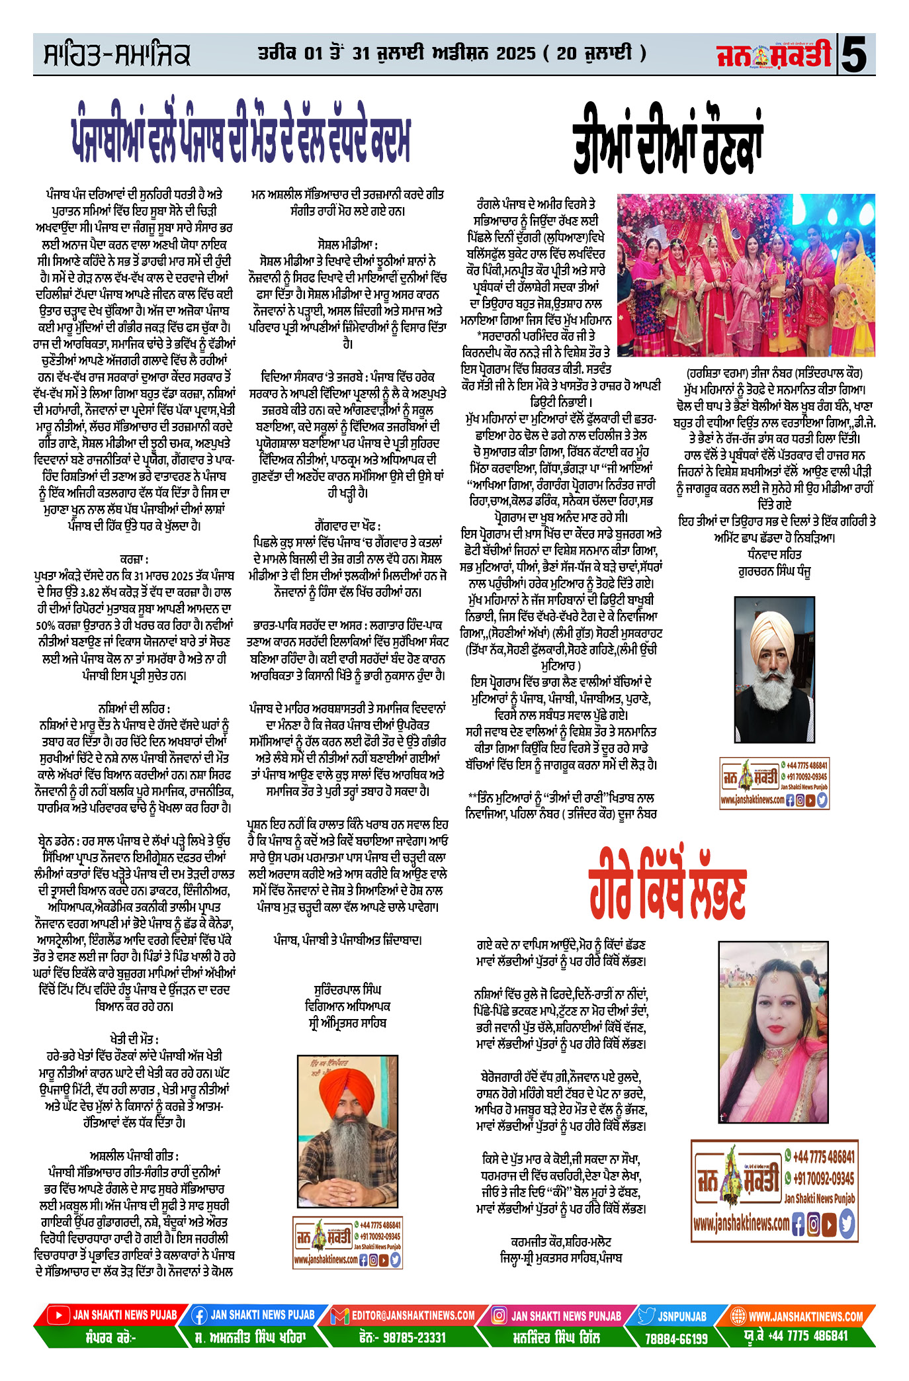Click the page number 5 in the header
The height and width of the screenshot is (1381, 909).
click(856, 55)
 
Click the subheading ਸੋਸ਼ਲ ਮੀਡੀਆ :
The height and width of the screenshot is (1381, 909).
click(347, 245)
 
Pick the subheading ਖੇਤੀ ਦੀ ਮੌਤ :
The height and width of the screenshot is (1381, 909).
click(134, 1040)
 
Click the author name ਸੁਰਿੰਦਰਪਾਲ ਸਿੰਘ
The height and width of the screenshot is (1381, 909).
click(347, 990)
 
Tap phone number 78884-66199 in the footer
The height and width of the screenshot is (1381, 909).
click(675, 1338)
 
